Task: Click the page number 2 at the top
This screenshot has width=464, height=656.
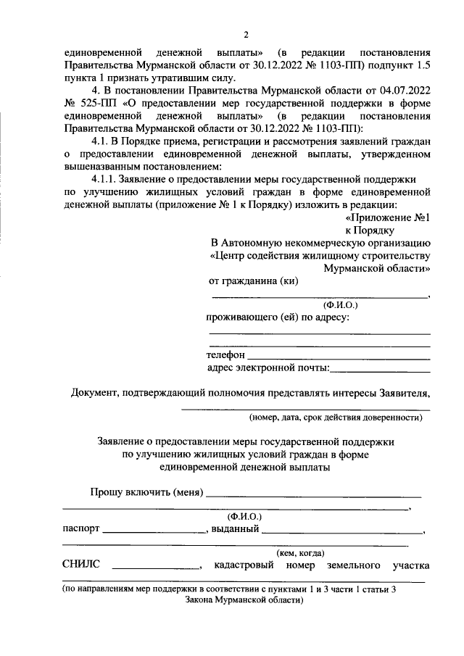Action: tap(246, 35)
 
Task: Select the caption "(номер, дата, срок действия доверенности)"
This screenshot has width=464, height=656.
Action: tap(336, 418)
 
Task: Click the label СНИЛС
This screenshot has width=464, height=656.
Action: tap(80, 565)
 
